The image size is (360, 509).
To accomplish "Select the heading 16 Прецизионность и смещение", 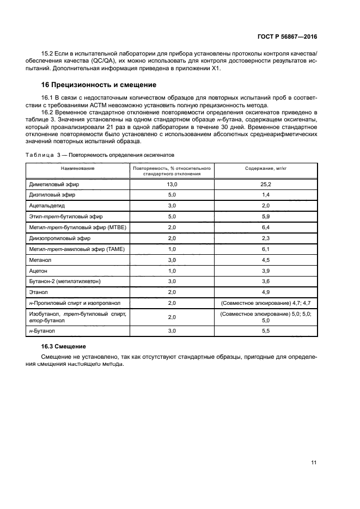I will tap(99, 85).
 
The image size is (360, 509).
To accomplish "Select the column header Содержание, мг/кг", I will tap(266, 169).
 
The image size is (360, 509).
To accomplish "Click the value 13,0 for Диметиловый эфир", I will tap(172, 185).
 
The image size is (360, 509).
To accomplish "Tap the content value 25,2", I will tap(266, 185).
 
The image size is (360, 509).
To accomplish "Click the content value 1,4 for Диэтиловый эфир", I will tap(266, 195).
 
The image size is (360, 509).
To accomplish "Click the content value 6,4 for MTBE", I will tap(266, 227).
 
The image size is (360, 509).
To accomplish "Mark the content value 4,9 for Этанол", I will tap(266, 292).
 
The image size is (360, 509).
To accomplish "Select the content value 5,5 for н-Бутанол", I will tap(266, 331).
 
